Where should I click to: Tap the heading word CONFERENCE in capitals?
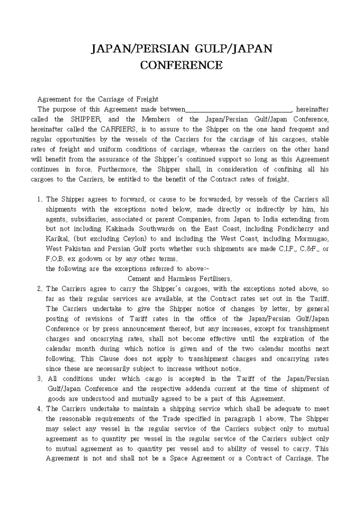click(181, 65)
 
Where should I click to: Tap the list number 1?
click(40, 199)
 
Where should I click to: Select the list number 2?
click(40, 289)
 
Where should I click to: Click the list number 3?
click(40, 379)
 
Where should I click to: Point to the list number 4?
click(40, 409)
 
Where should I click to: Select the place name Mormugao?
click(310, 239)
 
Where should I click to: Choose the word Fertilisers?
click(214, 279)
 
